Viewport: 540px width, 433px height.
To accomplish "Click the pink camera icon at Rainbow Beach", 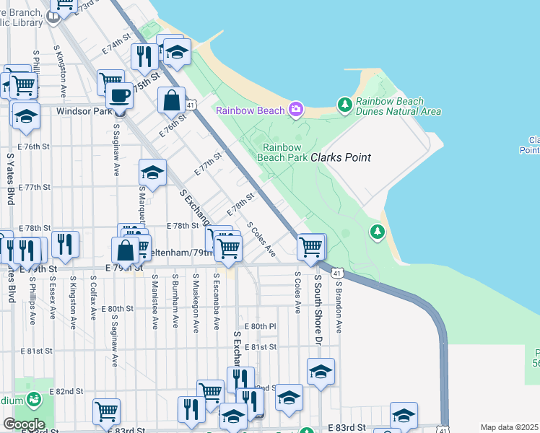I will click(295, 110).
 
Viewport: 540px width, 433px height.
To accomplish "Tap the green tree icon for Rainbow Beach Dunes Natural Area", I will click(345, 106).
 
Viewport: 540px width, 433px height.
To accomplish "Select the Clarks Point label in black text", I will click(341, 157).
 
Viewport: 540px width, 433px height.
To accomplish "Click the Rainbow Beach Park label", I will click(284, 152).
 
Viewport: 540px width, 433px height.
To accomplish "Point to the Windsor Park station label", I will click(84, 112).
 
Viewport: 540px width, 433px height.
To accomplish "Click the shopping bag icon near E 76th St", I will click(172, 100).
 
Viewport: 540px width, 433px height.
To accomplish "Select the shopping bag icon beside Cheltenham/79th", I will click(126, 250).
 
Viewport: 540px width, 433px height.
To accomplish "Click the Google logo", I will click(24, 424).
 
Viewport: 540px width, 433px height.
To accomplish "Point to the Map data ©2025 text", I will click(510, 427).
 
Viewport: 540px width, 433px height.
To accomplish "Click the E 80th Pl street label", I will click(260, 326).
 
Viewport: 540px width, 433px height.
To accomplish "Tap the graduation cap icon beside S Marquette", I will click(152, 173).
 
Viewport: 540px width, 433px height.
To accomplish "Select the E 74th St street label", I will click(119, 45).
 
